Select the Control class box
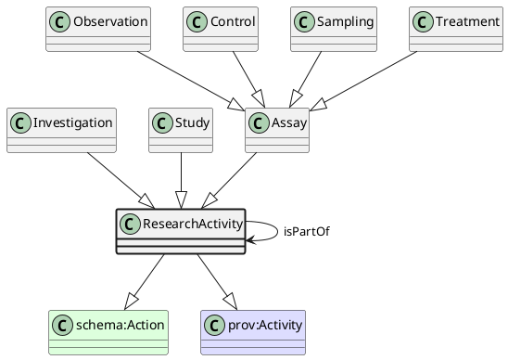pyautogui.click(x=221, y=29)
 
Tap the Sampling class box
pyautogui.click(x=333, y=29)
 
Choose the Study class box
pyautogui.click(x=183, y=130)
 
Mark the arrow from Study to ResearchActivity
pyautogui.click(x=183, y=181)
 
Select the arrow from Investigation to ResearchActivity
pyautogui.click(x=116, y=181)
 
